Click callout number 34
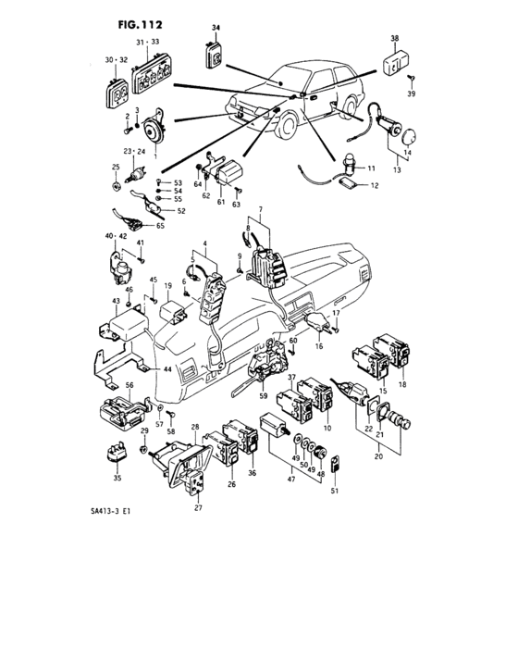[x=215, y=29]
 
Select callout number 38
[x=394, y=38]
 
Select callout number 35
[x=117, y=479]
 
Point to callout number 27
[x=198, y=508]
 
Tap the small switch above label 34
[x=214, y=56]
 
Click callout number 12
[x=375, y=186]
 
